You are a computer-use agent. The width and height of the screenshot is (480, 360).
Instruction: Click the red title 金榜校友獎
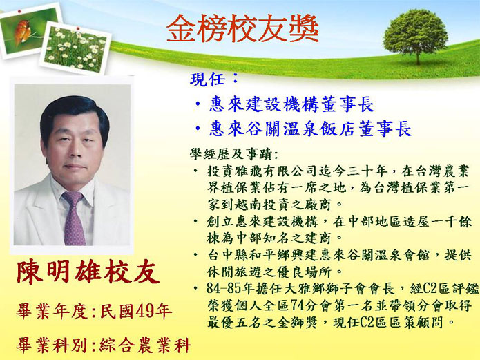(x=242, y=28)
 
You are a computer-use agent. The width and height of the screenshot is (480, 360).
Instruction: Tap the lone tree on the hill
(x=415, y=36)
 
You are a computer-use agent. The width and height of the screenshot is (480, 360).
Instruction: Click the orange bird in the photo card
(x=22, y=32)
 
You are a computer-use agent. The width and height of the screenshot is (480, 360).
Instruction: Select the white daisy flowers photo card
(x=75, y=49)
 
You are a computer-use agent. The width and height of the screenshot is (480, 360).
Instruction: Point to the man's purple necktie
(x=74, y=218)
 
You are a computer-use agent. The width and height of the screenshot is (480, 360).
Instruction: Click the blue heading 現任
(x=208, y=79)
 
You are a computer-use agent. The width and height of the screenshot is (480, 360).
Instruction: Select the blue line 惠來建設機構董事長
(x=291, y=104)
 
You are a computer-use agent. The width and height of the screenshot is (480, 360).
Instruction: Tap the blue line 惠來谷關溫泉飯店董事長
(x=310, y=129)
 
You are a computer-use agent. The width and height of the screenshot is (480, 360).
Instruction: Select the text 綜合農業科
(x=145, y=345)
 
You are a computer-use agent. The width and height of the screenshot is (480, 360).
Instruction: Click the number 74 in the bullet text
(x=298, y=305)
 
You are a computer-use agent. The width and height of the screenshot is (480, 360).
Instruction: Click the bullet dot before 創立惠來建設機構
(x=195, y=221)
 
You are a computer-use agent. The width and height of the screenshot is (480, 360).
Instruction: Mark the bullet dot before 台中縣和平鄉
(x=195, y=254)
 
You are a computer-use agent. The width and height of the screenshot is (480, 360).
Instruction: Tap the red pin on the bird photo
(x=19, y=11)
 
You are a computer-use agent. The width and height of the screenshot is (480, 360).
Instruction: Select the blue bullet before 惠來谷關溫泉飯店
(x=198, y=129)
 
